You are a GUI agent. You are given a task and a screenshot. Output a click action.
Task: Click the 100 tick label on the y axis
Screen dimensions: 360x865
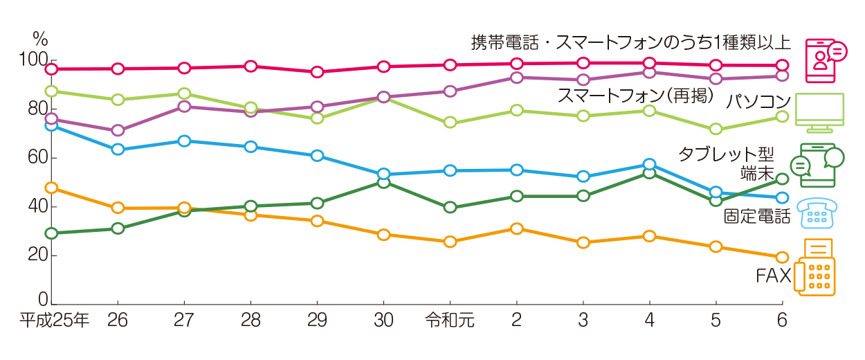pos(28,60)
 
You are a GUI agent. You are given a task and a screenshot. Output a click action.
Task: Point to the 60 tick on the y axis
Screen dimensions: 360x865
pos(33,158)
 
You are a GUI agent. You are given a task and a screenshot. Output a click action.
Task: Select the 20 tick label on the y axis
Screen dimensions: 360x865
pos(33,255)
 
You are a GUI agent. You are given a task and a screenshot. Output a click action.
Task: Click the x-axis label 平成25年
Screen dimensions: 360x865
pos(54,321)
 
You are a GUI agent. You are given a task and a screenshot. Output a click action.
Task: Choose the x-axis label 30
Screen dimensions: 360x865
pos(383,321)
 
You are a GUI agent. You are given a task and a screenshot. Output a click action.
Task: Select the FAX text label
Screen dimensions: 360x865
pos(772,276)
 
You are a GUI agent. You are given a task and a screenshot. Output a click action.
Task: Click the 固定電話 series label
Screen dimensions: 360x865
pos(756,217)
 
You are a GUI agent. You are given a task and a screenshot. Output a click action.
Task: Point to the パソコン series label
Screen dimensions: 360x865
pos(758,102)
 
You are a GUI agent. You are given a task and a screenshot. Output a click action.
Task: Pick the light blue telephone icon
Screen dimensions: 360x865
pos(817,213)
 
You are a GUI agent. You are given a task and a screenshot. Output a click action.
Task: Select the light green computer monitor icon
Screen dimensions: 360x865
pos(820,113)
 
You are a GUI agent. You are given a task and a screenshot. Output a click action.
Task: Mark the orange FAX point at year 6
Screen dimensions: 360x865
pos(782,258)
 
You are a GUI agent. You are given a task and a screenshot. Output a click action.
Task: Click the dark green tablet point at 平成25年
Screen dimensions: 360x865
pos(51,233)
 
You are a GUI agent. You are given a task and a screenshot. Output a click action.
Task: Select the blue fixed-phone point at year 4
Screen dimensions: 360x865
pos(649,165)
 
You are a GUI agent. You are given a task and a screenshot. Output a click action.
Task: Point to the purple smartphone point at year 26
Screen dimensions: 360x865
pos(118,130)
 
